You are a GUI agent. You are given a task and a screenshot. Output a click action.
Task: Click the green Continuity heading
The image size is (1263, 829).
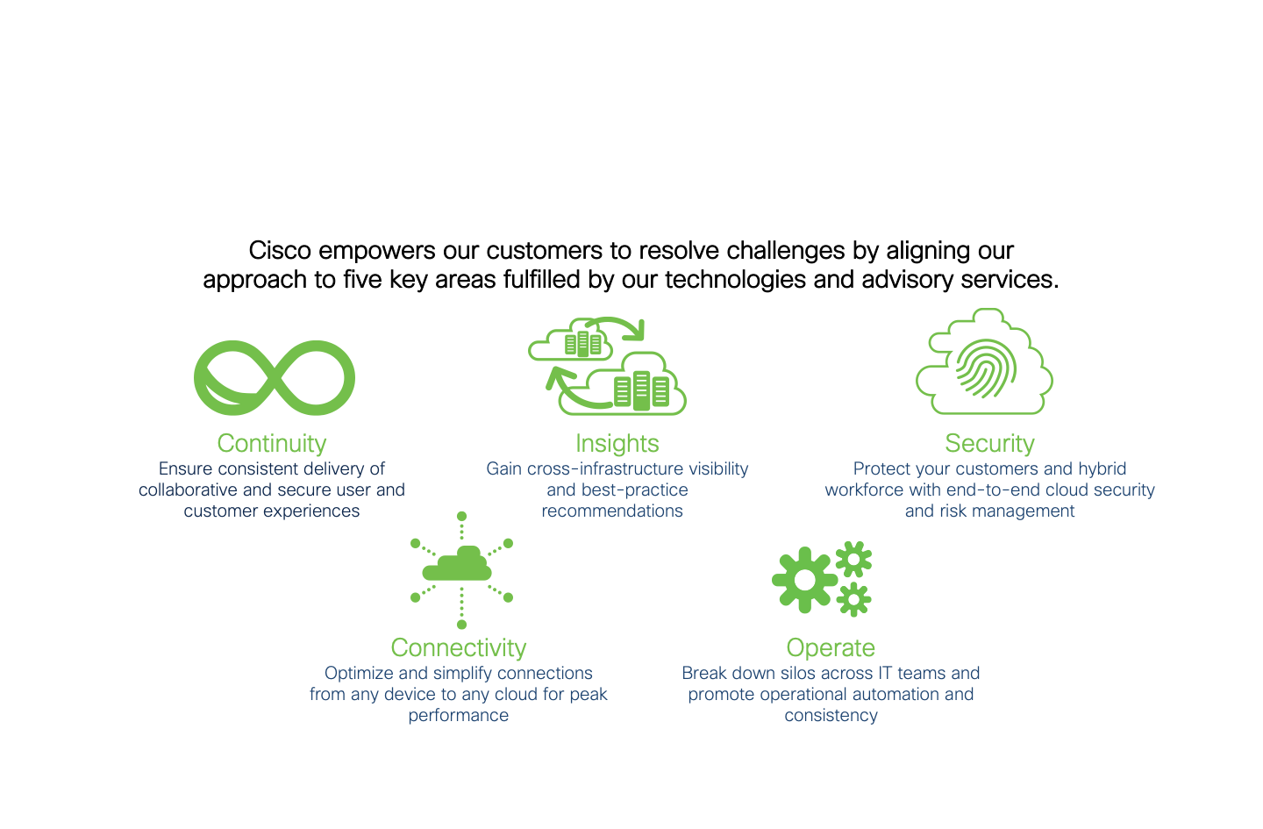pyautogui.click(x=272, y=444)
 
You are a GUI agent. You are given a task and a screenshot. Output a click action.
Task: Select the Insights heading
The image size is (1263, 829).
pyautogui.click(x=617, y=444)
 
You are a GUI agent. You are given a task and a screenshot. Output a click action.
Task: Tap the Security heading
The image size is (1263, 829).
pyautogui.click(x=989, y=444)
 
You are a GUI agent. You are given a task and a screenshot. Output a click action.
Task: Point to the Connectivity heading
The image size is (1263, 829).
pyautogui.click(x=459, y=648)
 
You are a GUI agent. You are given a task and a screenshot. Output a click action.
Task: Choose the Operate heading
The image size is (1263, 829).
pyautogui.click(x=831, y=648)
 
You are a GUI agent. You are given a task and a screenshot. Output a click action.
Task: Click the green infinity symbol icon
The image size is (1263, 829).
pyautogui.click(x=275, y=378)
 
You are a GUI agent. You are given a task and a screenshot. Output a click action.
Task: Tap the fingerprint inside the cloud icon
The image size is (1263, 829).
pyautogui.click(x=986, y=368)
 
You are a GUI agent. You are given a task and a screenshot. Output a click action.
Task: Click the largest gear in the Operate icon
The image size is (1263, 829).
pyautogui.click(x=804, y=580)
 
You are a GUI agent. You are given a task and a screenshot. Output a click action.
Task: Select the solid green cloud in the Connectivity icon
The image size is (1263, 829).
pyautogui.click(x=457, y=564)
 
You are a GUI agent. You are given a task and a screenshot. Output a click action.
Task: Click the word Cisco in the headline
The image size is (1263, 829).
pyautogui.click(x=280, y=251)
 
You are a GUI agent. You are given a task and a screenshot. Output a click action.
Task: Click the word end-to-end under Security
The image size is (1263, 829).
pyautogui.click(x=991, y=490)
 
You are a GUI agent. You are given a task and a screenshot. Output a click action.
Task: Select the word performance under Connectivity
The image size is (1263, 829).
pyautogui.click(x=459, y=716)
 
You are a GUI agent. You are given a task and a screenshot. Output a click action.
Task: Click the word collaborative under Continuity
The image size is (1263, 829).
pyautogui.click(x=188, y=490)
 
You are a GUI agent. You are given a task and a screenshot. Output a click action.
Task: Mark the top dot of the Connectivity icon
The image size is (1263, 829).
pyautogui.click(x=461, y=516)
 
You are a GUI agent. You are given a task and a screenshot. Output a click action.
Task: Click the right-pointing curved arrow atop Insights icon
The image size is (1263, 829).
pyautogui.click(x=617, y=326)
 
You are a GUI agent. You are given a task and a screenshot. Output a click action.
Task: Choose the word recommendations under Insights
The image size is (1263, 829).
pyautogui.click(x=612, y=511)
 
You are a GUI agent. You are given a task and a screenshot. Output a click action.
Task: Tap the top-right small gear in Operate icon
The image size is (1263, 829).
pyautogui.click(x=853, y=559)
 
